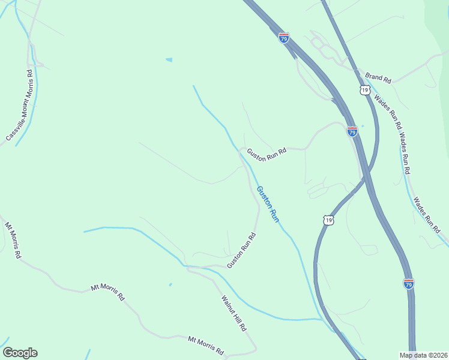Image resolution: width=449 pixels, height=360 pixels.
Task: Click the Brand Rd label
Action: pyautogui.click(x=378, y=78)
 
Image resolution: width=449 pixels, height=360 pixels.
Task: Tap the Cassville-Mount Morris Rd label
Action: pyautogui.click(x=19, y=106)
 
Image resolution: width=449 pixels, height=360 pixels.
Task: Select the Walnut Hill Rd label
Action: pyautogui.click(x=234, y=313)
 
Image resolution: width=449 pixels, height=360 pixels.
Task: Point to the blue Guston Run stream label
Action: pyautogui.click(x=268, y=205)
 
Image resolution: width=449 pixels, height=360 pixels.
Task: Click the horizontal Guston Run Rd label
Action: pyautogui.click(x=267, y=152)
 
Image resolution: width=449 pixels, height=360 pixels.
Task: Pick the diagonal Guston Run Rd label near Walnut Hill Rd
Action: pyautogui.click(x=242, y=250)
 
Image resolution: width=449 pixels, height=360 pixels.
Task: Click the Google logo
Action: pyautogui.click(x=20, y=353)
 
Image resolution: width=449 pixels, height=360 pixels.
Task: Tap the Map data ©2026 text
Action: pyautogui.click(x=424, y=355)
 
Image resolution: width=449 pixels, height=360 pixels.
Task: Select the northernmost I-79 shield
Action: pyautogui.click(x=284, y=38)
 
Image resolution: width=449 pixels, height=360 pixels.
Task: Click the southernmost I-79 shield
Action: pyautogui.click(x=409, y=284)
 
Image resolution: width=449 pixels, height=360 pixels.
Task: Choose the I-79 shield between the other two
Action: pyautogui.click(x=352, y=131)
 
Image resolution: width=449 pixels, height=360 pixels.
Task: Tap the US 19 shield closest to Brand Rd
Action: pyautogui.click(x=364, y=90)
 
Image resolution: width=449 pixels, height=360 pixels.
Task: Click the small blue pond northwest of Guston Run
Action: pyautogui.click(x=169, y=60)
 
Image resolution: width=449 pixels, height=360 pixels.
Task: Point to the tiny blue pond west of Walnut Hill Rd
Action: pyautogui.click(x=170, y=284)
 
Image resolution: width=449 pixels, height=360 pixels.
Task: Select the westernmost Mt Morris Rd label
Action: pyautogui.click(x=13, y=241)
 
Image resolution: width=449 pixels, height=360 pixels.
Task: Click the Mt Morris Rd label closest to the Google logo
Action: pyautogui.click(x=206, y=345)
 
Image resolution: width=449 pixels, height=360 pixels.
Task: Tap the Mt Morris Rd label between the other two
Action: pyautogui.click(x=107, y=292)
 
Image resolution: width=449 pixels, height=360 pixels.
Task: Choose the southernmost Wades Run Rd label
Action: pyautogui.click(x=427, y=215)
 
